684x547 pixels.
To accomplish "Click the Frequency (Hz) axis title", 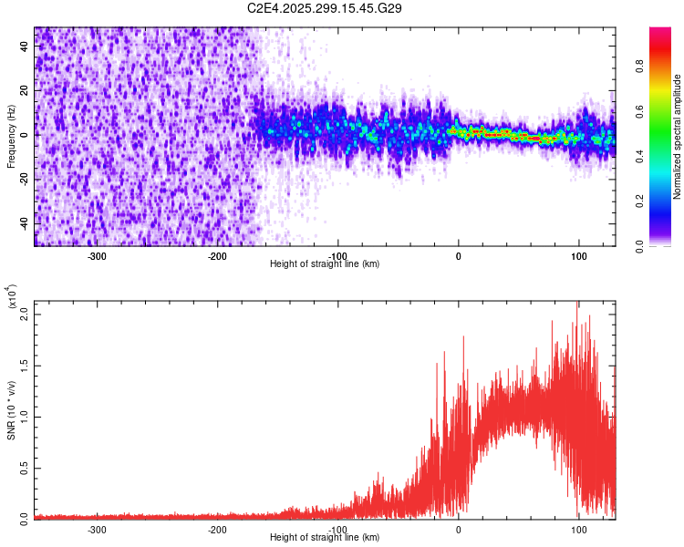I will click(x=11, y=137).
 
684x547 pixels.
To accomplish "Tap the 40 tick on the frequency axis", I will click(x=25, y=47).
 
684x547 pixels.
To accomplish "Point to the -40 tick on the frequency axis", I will click(x=25, y=223).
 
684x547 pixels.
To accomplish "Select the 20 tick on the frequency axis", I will click(x=25, y=91).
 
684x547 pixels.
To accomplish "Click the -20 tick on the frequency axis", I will click(x=25, y=180).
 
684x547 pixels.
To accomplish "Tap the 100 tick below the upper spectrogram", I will click(x=578, y=255).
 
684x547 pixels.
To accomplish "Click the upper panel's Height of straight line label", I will click(x=325, y=264).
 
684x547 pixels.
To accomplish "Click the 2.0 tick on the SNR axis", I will click(x=23, y=314).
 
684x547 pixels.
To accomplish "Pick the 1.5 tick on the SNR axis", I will click(x=23, y=365).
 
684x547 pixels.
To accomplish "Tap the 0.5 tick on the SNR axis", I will click(x=23, y=467).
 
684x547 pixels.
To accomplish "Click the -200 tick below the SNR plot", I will click(x=217, y=529).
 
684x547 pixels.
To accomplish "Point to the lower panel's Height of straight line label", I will click(x=325, y=538).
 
